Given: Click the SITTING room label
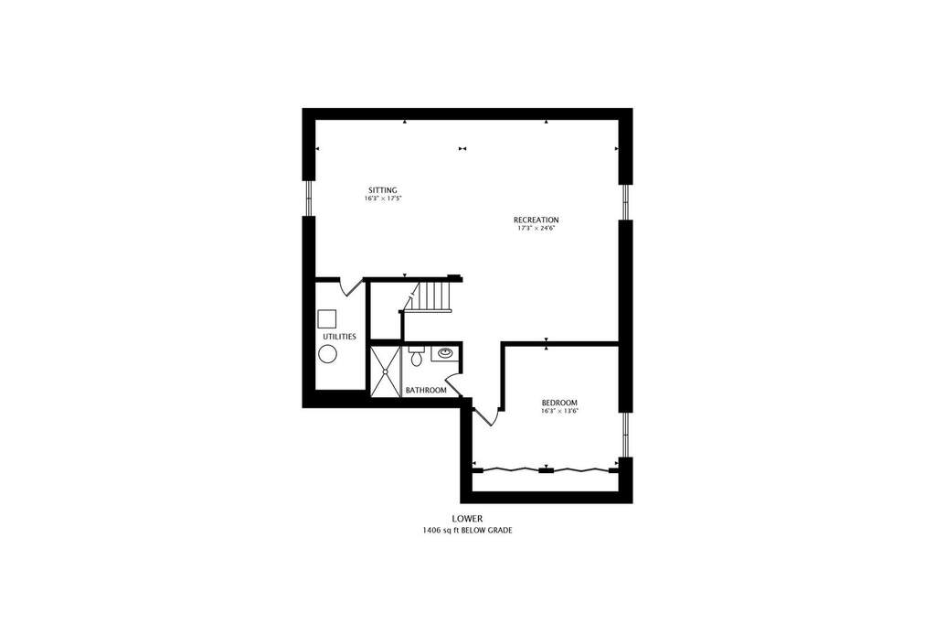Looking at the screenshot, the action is pyautogui.click(x=382, y=190).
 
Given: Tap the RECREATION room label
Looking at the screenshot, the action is pyautogui.click(x=537, y=220).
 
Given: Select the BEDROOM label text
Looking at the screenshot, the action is pyautogui.click(x=559, y=403).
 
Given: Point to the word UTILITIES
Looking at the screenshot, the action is pyautogui.click(x=339, y=337).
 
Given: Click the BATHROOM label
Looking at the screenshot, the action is pyautogui.click(x=426, y=391).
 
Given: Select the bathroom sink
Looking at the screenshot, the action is pyautogui.click(x=445, y=353).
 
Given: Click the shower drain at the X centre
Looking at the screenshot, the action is pyautogui.click(x=385, y=371).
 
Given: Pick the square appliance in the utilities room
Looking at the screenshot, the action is pyautogui.click(x=327, y=319).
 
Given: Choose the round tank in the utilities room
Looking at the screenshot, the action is pyautogui.click(x=327, y=354).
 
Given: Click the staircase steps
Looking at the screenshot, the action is pyautogui.click(x=433, y=296).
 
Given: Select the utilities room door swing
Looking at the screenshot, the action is pyautogui.click(x=351, y=286).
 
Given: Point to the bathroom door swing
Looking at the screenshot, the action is pyautogui.click(x=452, y=384).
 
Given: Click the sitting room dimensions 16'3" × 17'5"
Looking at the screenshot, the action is pyautogui.click(x=382, y=199).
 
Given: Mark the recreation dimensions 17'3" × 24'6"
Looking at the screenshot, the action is pyautogui.click(x=537, y=228).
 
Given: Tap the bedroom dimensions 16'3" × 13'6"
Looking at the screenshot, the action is pyautogui.click(x=560, y=411).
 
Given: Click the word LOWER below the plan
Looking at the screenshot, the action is pyautogui.click(x=467, y=519).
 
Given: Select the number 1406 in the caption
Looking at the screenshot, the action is pyautogui.click(x=431, y=531).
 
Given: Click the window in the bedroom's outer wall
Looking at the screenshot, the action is pyautogui.click(x=625, y=435).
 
